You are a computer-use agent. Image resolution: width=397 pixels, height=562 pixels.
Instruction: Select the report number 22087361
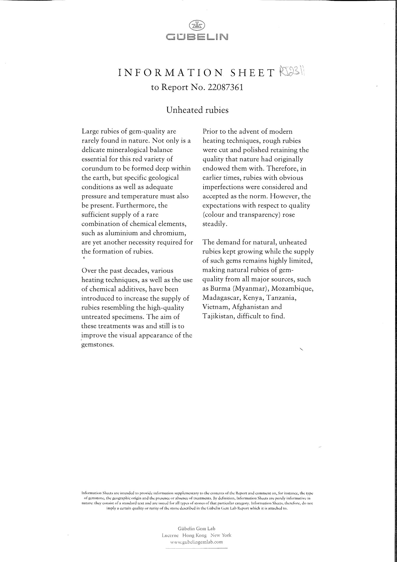[x=225, y=87]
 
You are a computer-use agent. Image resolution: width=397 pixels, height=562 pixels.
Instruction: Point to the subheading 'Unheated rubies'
[x=197, y=110]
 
